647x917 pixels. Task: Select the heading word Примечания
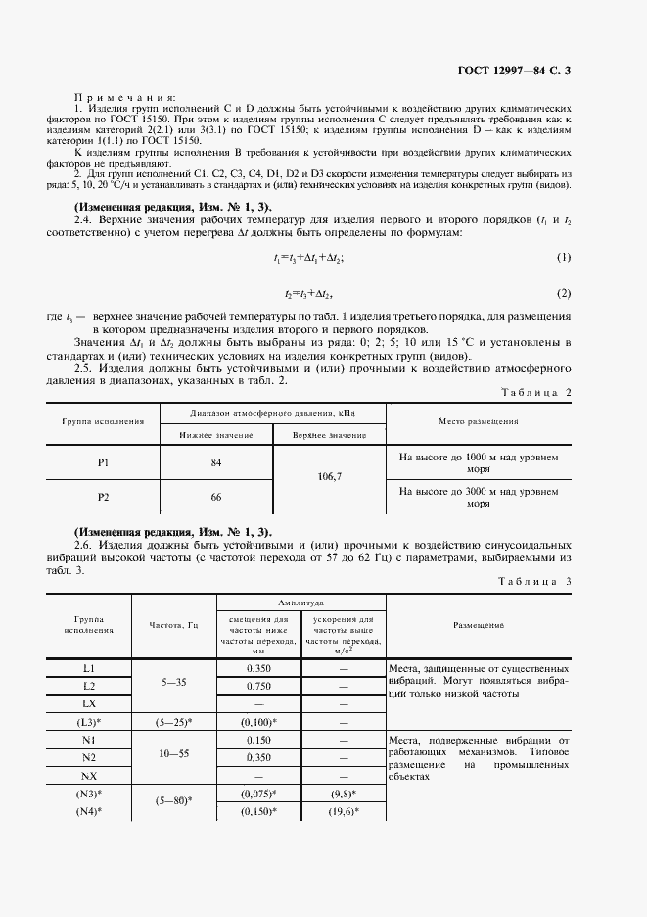pos(124,98)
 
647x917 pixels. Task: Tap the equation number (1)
pos(564,257)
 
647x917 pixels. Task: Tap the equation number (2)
pos(564,294)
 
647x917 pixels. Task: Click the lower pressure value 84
pos(216,461)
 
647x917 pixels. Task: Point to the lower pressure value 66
pos(216,497)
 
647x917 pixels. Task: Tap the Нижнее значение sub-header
pos(216,434)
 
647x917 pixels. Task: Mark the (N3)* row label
pos(89,794)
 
